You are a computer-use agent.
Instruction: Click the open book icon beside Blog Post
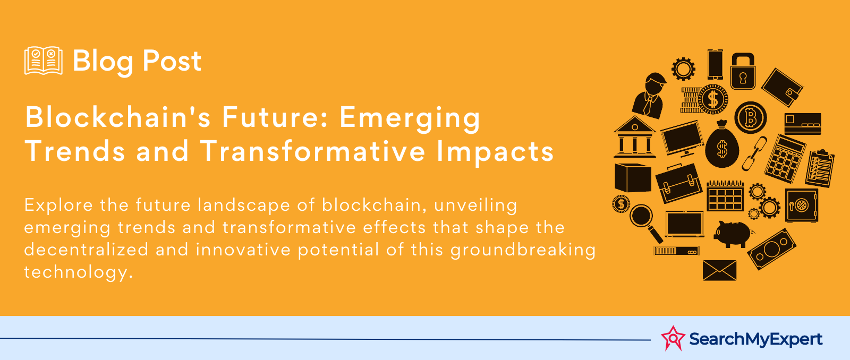[44, 61]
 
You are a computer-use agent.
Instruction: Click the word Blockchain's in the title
[118, 117]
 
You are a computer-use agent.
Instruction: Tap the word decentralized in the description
[86, 250]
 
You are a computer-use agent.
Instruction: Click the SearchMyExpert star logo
[673, 338]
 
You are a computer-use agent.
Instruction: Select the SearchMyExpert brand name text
[756, 339]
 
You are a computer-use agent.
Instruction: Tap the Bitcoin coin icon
[750, 117]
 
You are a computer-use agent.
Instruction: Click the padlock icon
[743, 71]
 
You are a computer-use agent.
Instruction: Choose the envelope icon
[719, 270]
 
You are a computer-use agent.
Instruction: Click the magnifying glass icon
[645, 222]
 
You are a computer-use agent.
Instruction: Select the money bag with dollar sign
[722, 144]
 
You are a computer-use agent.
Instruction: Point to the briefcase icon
[678, 183]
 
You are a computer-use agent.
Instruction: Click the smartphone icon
[715, 64]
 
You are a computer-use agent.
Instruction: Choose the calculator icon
[785, 159]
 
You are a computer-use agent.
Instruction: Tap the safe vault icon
[802, 205]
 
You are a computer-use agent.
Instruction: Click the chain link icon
[754, 153]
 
